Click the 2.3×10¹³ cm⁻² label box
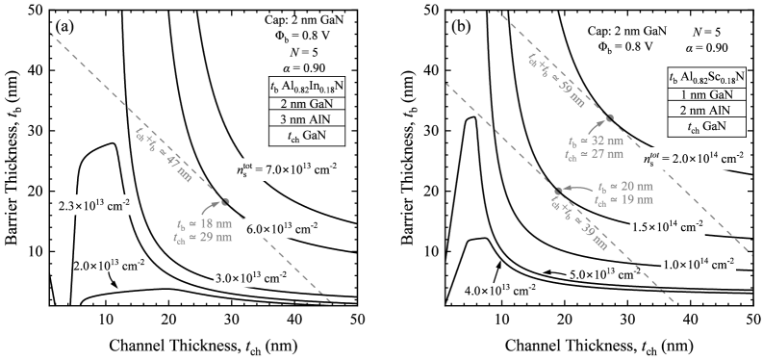[x=93, y=206]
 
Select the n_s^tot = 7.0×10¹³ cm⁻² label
[x=290, y=169]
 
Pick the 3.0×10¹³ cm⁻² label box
[x=249, y=278]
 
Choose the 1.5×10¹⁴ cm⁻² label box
[x=667, y=227]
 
